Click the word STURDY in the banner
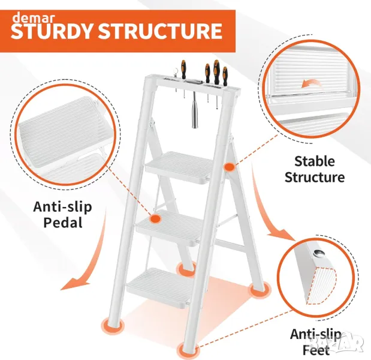coord(52,31)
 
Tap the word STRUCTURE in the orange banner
coord(160,31)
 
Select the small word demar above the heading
coord(34,18)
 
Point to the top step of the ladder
coord(179,167)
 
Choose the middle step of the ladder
coord(170,226)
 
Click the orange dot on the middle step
coord(155,218)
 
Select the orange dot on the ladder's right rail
coord(229,167)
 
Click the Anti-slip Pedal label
coord(63,214)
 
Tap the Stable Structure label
coord(315,169)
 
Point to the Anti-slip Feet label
coord(316,342)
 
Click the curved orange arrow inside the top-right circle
coord(312,83)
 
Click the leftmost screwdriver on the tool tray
coord(183,70)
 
